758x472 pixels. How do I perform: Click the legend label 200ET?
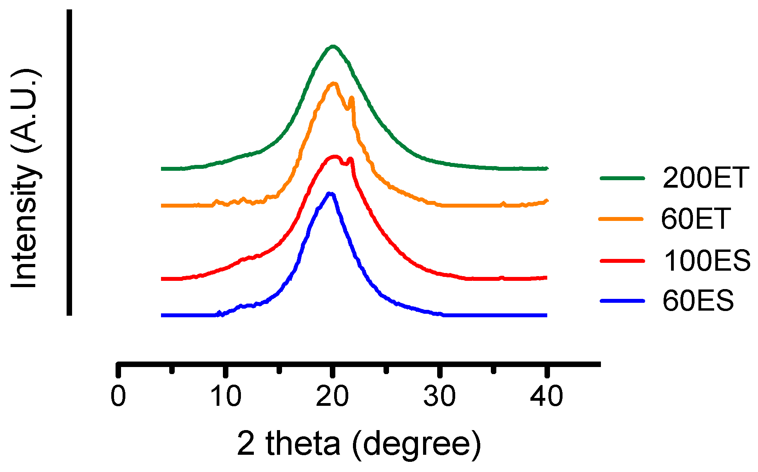(706, 178)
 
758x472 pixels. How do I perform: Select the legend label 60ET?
(695, 219)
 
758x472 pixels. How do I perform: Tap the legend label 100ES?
(707, 260)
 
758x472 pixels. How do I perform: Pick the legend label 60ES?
(698, 301)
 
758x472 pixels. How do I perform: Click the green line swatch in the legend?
(622, 178)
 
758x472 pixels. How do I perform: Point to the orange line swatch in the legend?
(621, 219)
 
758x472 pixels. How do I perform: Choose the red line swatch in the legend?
(622, 260)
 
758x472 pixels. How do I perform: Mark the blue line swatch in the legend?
(622, 301)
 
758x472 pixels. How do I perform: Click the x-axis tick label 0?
(118, 396)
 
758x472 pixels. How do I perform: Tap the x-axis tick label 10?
(226, 396)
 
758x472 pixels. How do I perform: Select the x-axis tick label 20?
(332, 396)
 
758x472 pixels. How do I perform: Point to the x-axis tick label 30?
(440, 396)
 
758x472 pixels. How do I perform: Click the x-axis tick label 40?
(546, 396)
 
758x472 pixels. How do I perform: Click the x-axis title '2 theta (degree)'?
(358, 444)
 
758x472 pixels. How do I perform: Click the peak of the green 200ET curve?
(333, 46)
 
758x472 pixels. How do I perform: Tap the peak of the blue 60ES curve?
(330, 194)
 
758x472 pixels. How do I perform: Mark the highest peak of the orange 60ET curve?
(334, 83)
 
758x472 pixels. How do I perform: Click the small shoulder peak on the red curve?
(351, 159)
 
